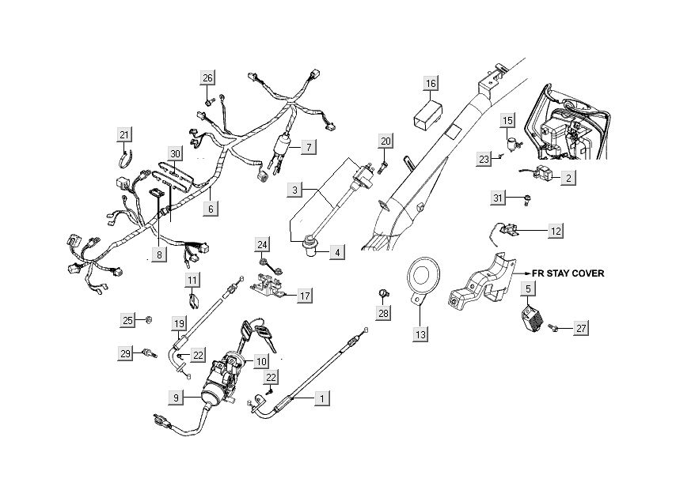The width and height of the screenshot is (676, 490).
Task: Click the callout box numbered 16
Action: [430, 84]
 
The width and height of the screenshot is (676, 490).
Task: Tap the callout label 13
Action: [422, 335]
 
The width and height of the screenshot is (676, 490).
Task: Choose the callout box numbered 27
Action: [582, 327]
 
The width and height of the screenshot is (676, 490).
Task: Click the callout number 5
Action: [527, 290]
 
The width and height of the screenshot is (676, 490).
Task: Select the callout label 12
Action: [556, 231]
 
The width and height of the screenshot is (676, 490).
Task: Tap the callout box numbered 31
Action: [497, 198]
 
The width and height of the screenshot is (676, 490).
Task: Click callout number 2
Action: [568, 179]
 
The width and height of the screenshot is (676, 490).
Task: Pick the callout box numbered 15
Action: [508, 120]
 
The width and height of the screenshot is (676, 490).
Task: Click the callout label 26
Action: [207, 77]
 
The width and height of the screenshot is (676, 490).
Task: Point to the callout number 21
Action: [124, 134]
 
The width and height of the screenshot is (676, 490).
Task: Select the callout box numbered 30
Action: [176, 153]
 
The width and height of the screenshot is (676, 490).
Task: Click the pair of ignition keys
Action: [262, 338]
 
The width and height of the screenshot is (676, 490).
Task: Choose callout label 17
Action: [305, 296]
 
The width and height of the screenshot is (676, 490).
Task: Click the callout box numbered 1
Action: [321, 398]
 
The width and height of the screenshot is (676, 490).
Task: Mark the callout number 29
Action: [124, 354]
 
